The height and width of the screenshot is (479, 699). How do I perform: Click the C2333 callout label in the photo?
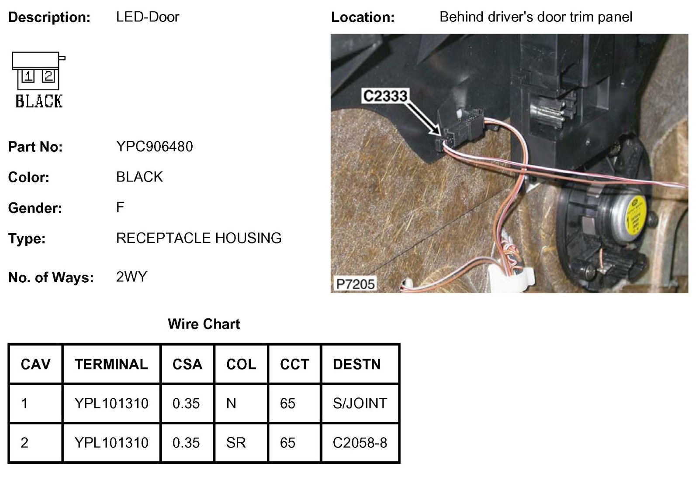pyautogui.click(x=385, y=96)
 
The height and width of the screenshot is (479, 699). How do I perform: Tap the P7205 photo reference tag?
pyautogui.click(x=355, y=284)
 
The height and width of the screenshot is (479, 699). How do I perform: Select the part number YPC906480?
pyautogui.click(x=155, y=147)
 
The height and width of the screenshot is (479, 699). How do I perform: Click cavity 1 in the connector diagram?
pyautogui.click(x=28, y=77)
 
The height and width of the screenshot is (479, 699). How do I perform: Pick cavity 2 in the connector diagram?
pyautogui.click(x=48, y=77)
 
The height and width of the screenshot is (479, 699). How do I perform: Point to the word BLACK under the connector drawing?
pyautogui.click(x=39, y=101)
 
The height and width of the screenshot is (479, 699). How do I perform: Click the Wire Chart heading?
pyautogui.click(x=204, y=324)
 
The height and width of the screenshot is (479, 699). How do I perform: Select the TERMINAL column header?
pyautogui.click(x=111, y=364)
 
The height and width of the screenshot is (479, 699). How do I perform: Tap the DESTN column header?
pyautogui.click(x=356, y=364)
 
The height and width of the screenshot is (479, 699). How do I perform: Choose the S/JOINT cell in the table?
pyautogui.click(x=360, y=403)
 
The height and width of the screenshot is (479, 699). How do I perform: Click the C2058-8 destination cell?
pyautogui.click(x=360, y=443)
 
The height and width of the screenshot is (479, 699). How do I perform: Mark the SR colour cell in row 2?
pyautogui.click(x=236, y=443)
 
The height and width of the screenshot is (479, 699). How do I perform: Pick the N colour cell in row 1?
pyautogui.click(x=231, y=403)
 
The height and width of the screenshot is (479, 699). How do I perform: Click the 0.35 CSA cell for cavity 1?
pyautogui.click(x=186, y=403)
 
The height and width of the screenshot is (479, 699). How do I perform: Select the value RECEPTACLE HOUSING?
pyautogui.click(x=199, y=238)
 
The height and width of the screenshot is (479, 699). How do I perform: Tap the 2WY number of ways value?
pyautogui.click(x=131, y=277)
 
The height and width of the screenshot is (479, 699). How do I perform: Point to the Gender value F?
pyautogui.click(x=120, y=207)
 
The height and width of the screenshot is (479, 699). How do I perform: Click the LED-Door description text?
pyautogui.click(x=148, y=17)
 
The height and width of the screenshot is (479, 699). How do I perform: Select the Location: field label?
pyautogui.click(x=363, y=17)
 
